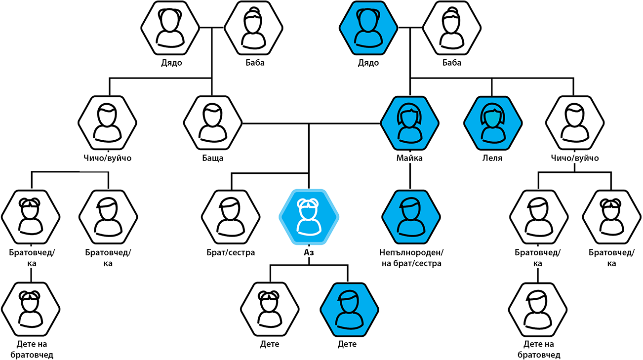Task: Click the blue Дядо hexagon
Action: pyautogui.click(x=368, y=28)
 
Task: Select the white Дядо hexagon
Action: pyautogui.click(x=170, y=28)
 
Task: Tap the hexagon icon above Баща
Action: pyautogui.click(x=213, y=123)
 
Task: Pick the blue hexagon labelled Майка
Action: pyautogui.click(x=410, y=123)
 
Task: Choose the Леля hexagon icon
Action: pyautogui.click(x=492, y=123)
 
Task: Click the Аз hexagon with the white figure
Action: pyautogui.click(x=309, y=217)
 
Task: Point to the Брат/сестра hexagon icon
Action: pyautogui.click(x=231, y=217)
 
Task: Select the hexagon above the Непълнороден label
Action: pyautogui.click(x=411, y=217)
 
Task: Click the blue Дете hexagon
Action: pyautogui.click(x=349, y=310)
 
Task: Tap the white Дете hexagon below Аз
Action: pyautogui.click(x=270, y=310)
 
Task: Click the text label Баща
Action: pyautogui.click(x=213, y=158)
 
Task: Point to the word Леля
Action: pyautogui.click(x=492, y=158)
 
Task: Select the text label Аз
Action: pyautogui.click(x=309, y=252)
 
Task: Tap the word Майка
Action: pyautogui.click(x=409, y=158)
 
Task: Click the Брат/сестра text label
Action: pyautogui.click(x=231, y=253)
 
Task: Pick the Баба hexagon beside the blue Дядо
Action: pyautogui.click(x=452, y=28)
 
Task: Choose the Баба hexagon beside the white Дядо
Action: pyautogui.click(x=253, y=28)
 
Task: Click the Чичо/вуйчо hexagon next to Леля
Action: pyautogui.click(x=575, y=123)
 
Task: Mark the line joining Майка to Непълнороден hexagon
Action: pyautogui.click(x=410, y=176)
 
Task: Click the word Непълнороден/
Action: pyautogui.click(x=411, y=253)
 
